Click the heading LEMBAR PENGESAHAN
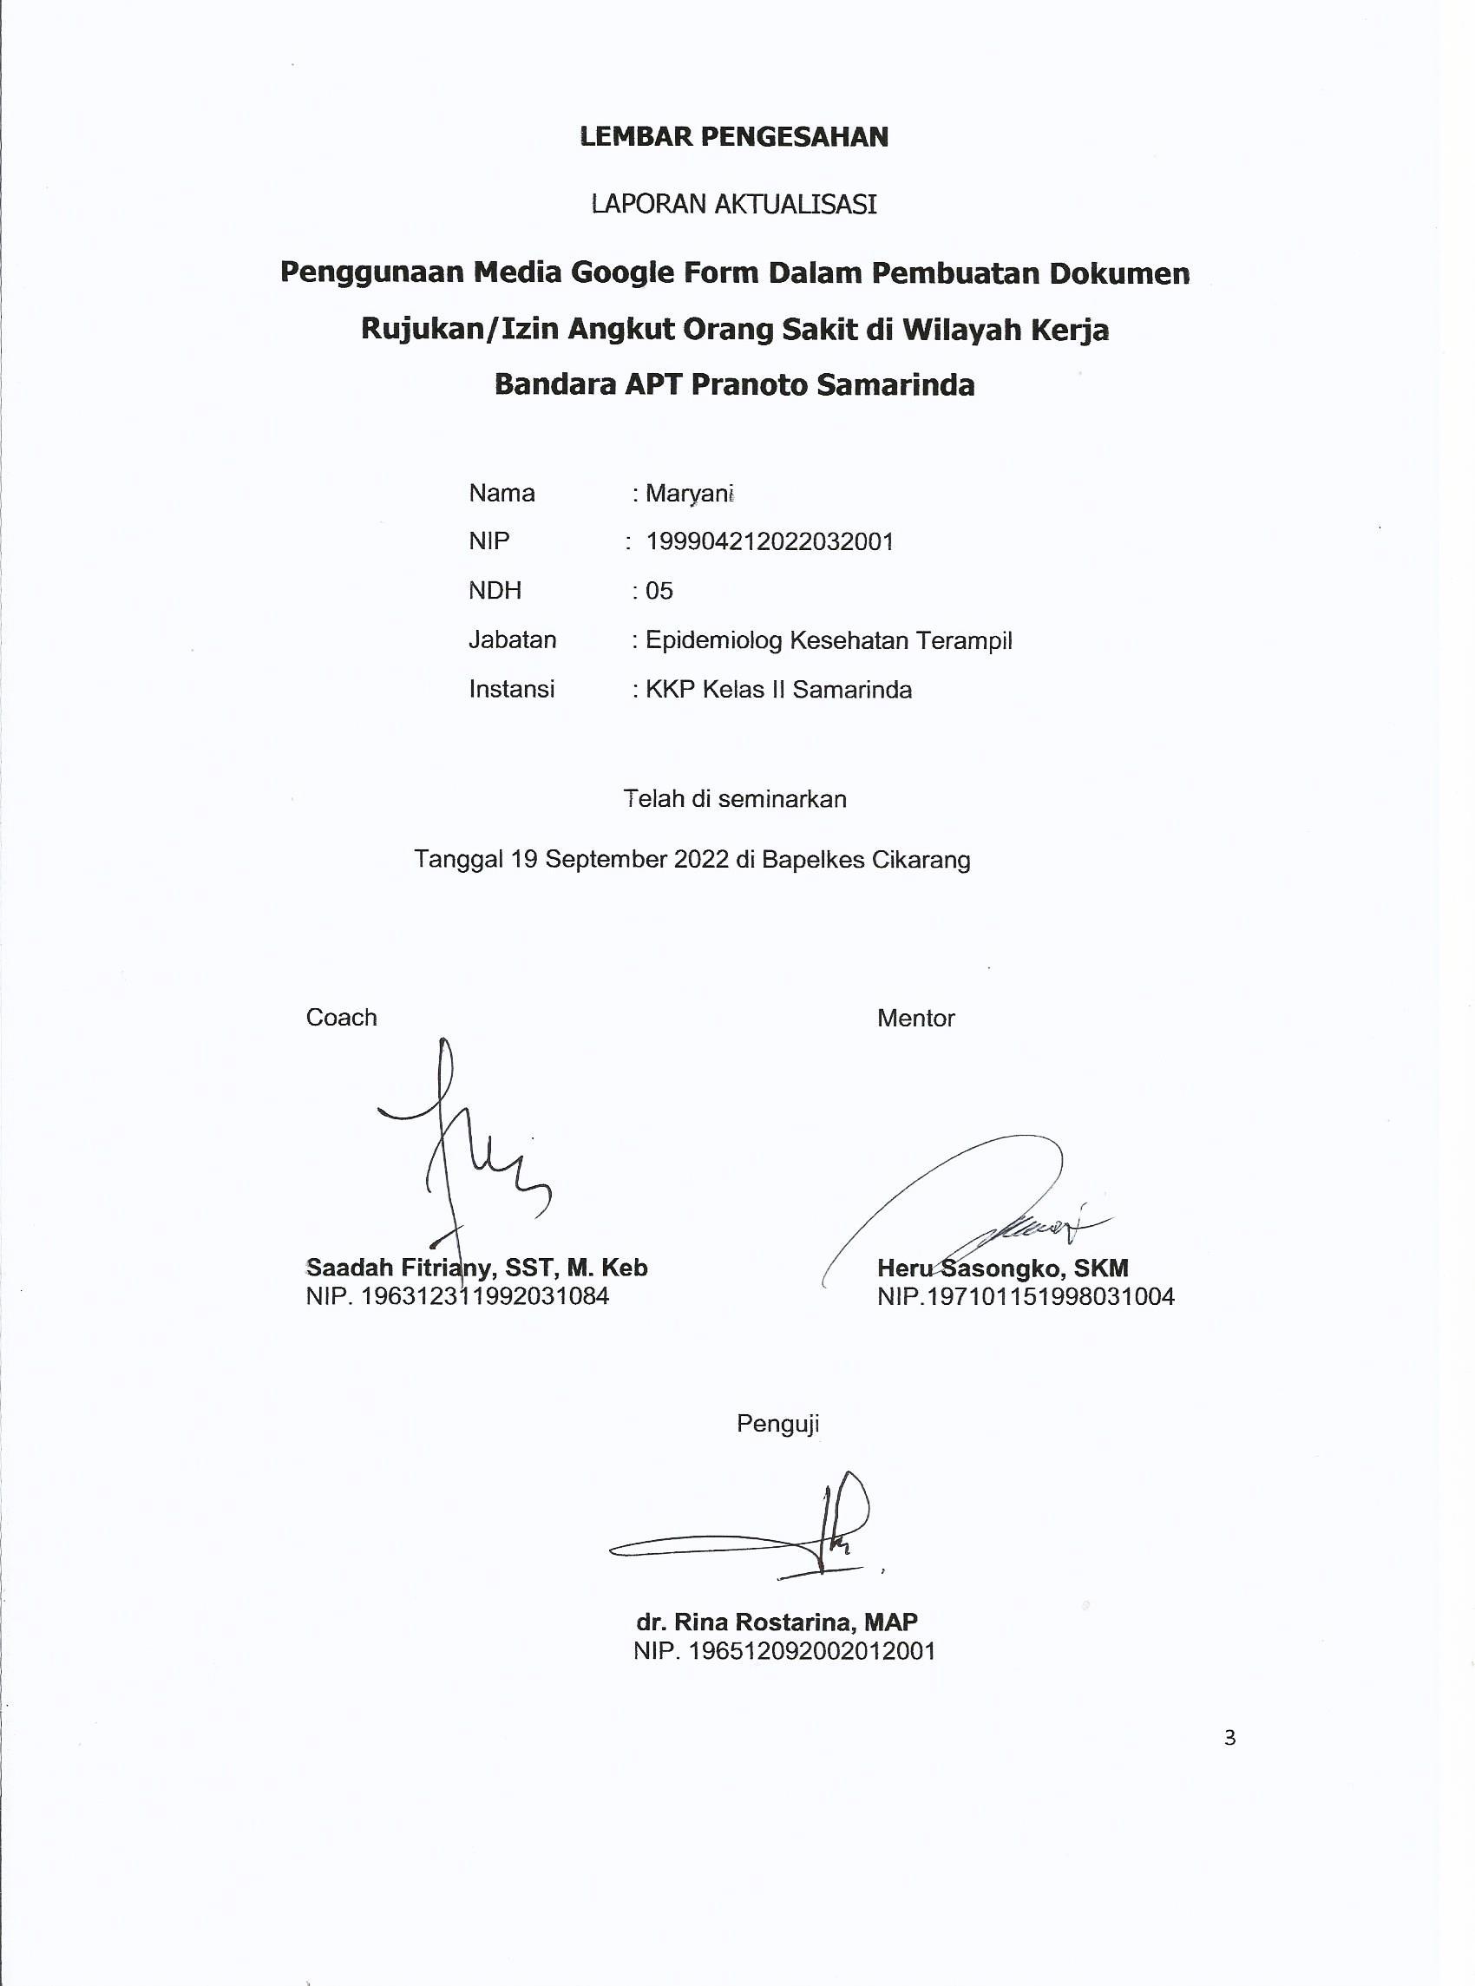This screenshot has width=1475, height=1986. click(734, 136)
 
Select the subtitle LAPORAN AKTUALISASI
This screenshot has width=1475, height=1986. click(734, 205)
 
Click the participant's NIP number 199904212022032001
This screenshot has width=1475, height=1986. click(770, 541)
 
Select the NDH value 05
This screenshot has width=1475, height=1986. click(659, 591)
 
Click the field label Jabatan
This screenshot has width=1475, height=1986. click(512, 640)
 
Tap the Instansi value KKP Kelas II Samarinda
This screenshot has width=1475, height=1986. click(777, 690)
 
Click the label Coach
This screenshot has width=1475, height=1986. click(341, 1018)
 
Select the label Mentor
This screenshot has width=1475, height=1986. click(915, 1019)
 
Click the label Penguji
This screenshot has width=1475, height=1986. click(777, 1424)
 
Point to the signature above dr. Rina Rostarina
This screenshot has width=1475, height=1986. click(768, 1531)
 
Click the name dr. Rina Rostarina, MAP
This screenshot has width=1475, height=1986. click(777, 1622)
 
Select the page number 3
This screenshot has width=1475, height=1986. click(1229, 1738)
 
